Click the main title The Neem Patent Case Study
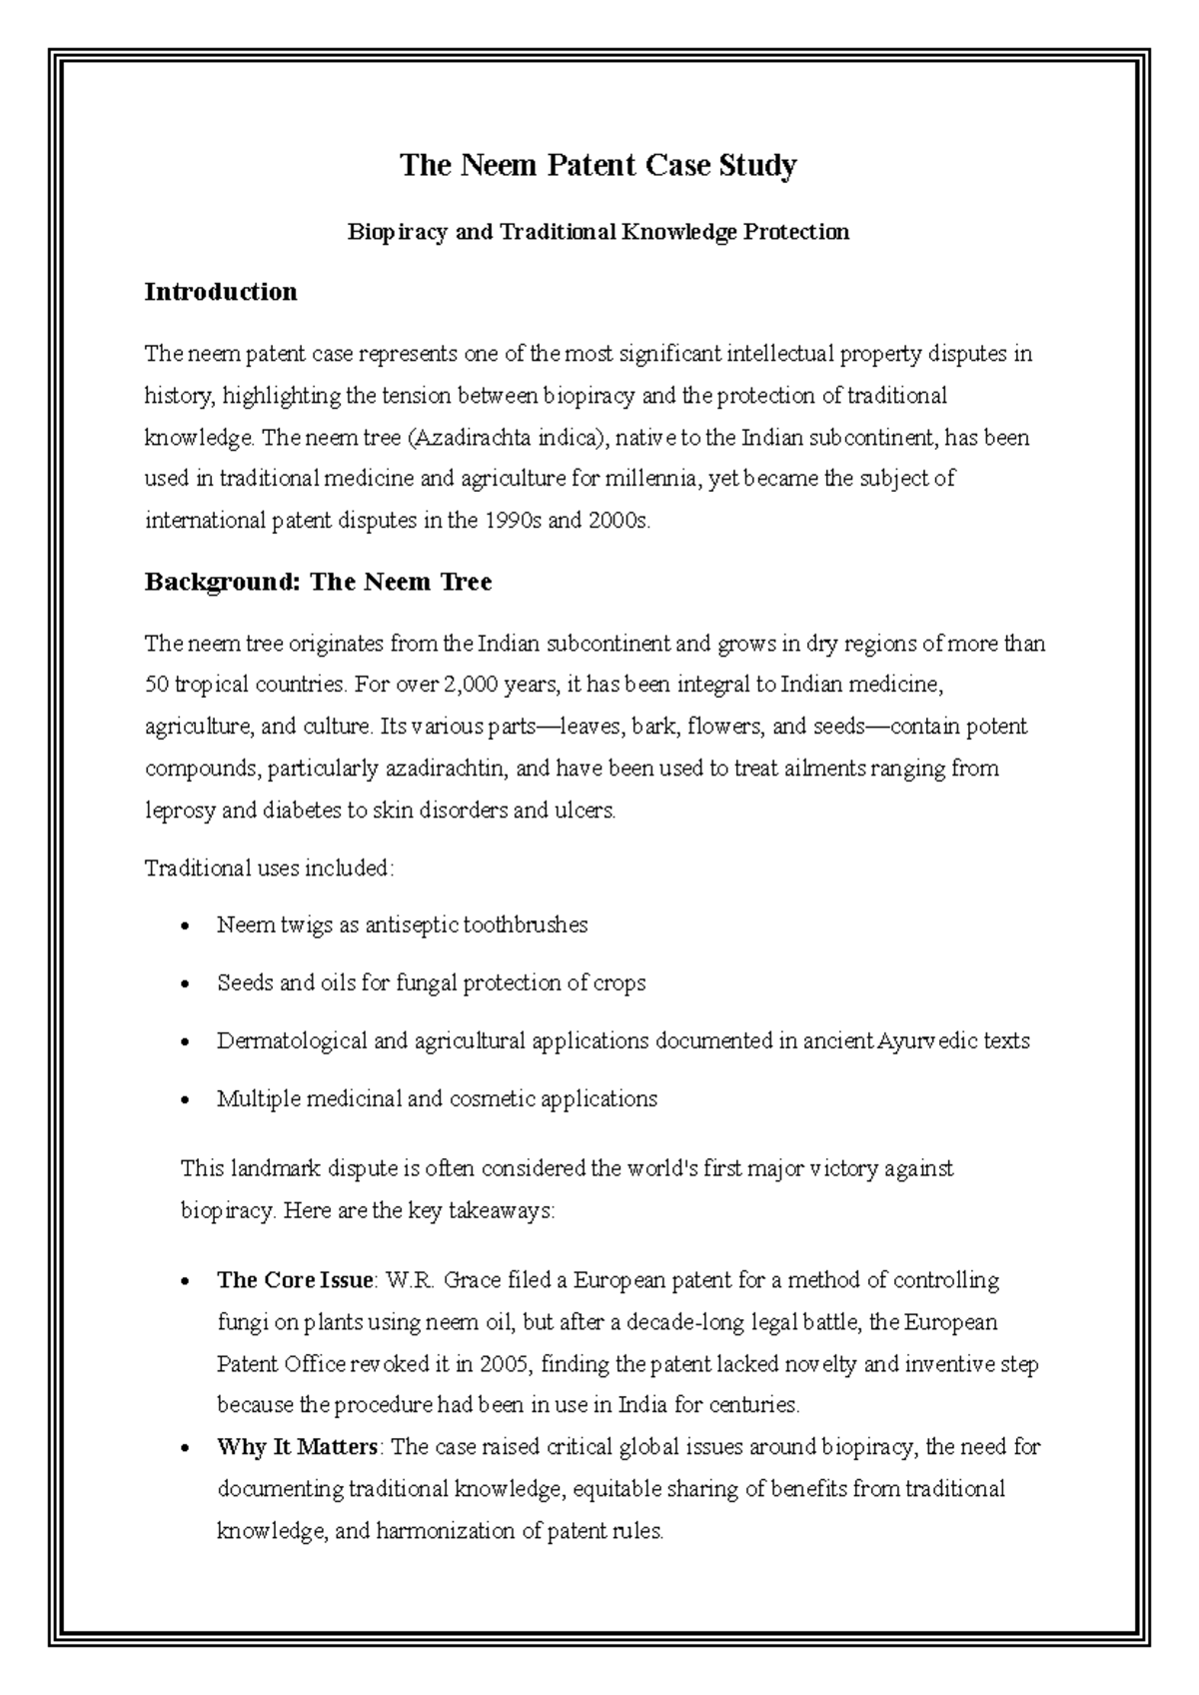click(x=598, y=165)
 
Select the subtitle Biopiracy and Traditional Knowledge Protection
click(x=598, y=232)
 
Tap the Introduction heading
click(x=221, y=292)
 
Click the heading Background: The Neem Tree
click(x=318, y=582)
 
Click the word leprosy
click(x=179, y=811)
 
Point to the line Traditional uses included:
click(x=270, y=867)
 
